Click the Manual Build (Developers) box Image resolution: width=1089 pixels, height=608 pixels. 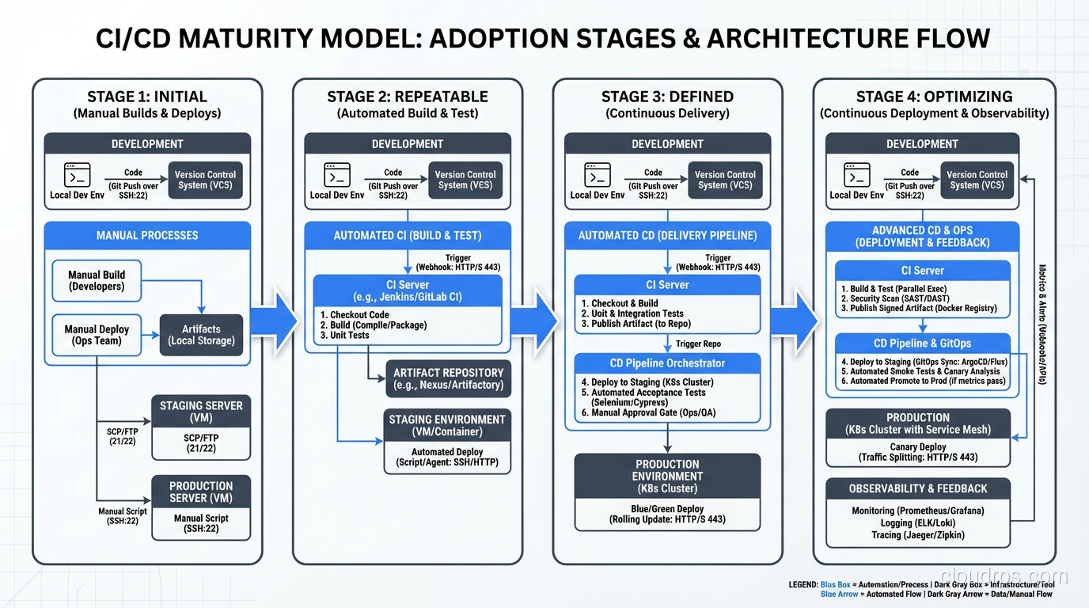[x=97, y=280]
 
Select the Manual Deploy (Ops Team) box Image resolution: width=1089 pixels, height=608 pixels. [x=97, y=335]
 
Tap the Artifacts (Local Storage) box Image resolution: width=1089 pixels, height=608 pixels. [x=201, y=335]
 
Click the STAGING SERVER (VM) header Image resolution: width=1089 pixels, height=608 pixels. [x=201, y=411]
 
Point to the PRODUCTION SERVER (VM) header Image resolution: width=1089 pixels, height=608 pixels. [x=201, y=492]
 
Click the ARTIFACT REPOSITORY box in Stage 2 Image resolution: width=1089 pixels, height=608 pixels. [x=448, y=378]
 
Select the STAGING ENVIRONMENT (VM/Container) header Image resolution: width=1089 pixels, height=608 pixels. [x=447, y=425]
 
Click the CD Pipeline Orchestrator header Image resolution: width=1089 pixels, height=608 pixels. [x=667, y=363]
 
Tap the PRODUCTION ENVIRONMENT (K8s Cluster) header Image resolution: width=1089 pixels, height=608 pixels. [x=667, y=476]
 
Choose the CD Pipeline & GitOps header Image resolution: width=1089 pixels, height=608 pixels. [x=922, y=344]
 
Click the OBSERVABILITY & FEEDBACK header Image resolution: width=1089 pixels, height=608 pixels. [x=918, y=488]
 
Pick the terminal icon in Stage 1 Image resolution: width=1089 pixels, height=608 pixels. [x=78, y=175]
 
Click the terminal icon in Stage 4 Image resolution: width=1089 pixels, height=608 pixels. [x=856, y=175]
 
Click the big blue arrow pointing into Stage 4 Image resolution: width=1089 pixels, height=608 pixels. [x=795, y=321]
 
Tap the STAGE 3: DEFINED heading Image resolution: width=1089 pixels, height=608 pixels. [x=667, y=97]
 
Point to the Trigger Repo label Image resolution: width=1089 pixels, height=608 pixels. [x=698, y=344]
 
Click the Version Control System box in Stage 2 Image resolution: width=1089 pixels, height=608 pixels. [x=465, y=180]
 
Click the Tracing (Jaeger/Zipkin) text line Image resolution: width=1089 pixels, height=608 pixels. [x=918, y=535]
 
